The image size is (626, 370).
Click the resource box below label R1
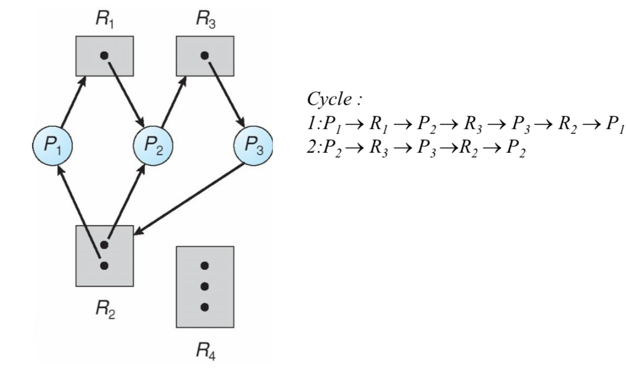104,56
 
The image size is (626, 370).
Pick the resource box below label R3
204,56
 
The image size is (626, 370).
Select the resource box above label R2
104,254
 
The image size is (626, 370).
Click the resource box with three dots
205,287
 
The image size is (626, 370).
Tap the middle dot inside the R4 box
205,286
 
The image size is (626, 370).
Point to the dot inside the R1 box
104,55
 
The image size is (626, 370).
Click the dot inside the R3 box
204,55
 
